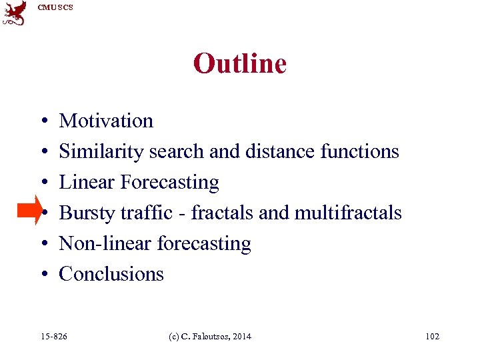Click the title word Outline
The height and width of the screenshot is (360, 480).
point(239,64)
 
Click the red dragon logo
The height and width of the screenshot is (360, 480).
point(15,13)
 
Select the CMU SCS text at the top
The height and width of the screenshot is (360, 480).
point(55,7)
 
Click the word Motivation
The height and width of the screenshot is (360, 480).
point(106,121)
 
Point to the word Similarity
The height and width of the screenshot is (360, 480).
point(101,151)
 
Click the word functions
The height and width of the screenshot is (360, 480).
point(359,151)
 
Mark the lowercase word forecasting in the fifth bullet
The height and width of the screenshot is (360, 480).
point(204,244)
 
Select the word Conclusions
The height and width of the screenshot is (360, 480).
point(111,274)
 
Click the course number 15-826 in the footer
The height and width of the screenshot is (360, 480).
point(54,337)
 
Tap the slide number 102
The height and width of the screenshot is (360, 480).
point(432,337)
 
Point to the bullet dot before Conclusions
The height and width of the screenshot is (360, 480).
point(42,275)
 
